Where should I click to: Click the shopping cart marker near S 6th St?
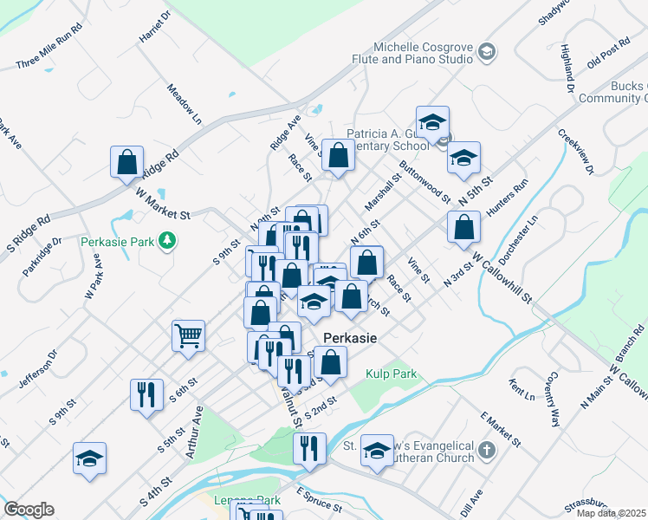[x=188, y=335]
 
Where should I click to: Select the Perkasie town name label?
[x=350, y=338]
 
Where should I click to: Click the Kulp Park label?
[x=391, y=374]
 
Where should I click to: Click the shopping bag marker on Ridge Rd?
[x=126, y=161]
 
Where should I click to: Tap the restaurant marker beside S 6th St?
[x=146, y=393]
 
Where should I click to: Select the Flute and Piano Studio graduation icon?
[x=486, y=53]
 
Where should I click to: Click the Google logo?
[x=29, y=510]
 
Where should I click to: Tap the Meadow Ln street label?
[x=185, y=105]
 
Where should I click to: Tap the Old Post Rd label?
[x=608, y=55]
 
